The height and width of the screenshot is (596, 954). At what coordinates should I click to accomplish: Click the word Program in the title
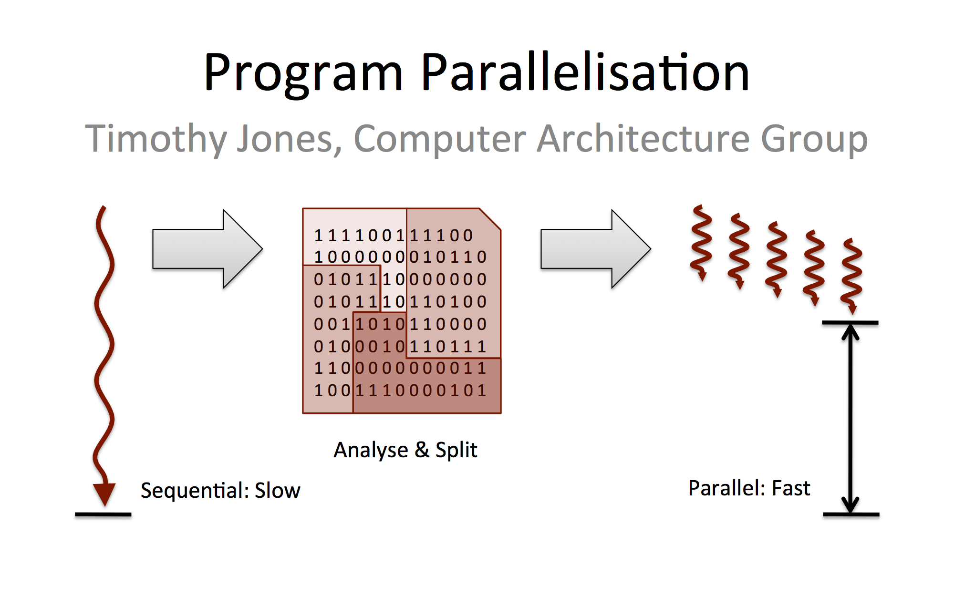tap(304, 74)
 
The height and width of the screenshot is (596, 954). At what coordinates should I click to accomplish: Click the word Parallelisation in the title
tap(585, 72)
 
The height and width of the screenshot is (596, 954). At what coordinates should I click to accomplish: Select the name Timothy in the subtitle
tap(156, 139)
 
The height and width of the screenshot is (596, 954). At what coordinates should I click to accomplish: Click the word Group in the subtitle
tap(814, 140)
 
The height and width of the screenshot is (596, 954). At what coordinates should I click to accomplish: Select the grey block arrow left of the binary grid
tap(207, 249)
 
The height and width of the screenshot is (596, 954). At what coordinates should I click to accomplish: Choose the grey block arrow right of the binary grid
tap(596, 249)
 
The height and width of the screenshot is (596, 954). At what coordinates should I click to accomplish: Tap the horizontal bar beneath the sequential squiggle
tap(103, 514)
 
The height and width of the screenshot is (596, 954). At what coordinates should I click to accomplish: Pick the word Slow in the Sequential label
tap(278, 490)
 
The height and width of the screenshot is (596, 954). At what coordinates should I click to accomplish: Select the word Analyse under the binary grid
tap(371, 451)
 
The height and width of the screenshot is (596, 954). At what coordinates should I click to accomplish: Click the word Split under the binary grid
tap(456, 450)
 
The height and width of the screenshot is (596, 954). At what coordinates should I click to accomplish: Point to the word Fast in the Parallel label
tap(791, 488)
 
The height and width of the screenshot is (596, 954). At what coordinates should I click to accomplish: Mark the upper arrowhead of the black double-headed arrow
tap(850, 332)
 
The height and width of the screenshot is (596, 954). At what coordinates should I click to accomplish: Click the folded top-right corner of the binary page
tap(490, 219)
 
